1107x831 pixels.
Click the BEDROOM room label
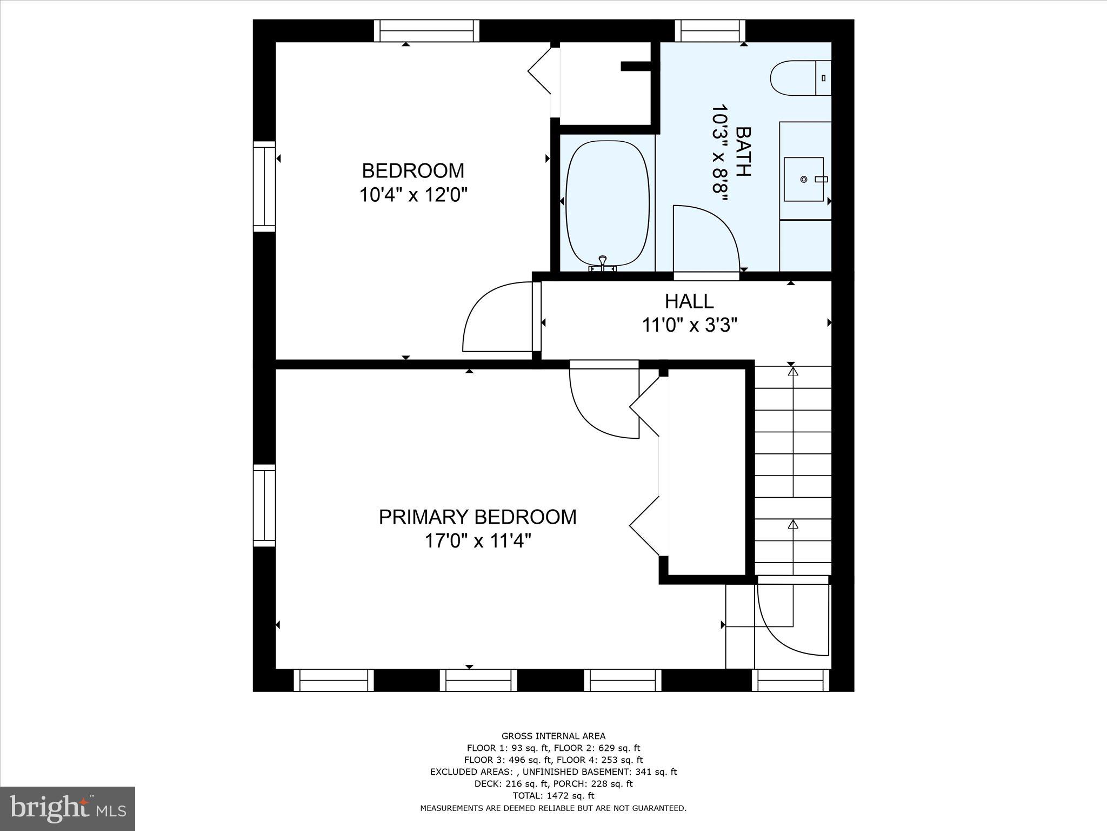413,171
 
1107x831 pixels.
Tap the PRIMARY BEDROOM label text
477,517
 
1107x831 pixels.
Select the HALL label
689,301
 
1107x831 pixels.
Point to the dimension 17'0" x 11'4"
477,541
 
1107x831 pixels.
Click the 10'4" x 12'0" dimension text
413,195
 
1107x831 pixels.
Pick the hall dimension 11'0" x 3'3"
689,326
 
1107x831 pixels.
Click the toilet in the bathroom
799,78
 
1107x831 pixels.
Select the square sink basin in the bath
803,179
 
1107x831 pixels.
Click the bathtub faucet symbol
602,265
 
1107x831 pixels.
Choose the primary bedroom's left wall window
264,505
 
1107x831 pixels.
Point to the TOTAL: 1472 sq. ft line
553,795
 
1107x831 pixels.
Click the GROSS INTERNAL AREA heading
553,736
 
